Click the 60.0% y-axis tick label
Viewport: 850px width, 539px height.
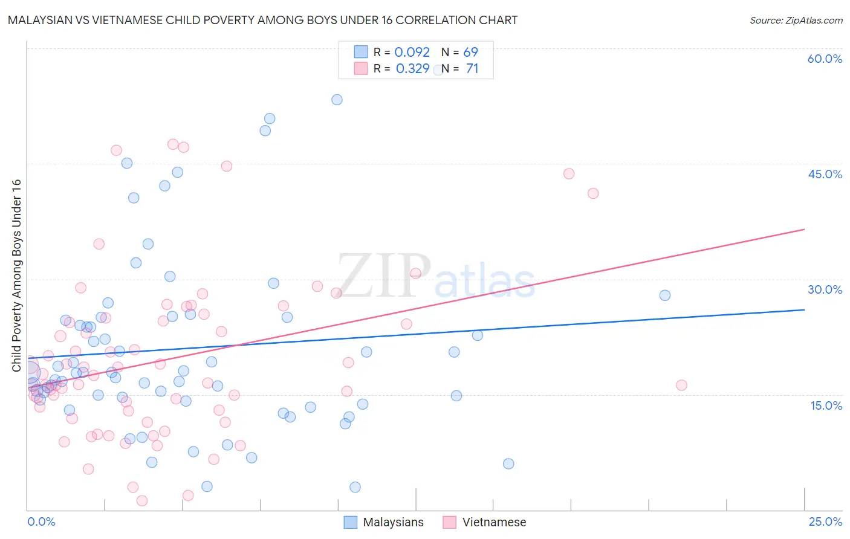coord(825,59)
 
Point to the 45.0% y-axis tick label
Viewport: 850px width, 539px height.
coord(825,174)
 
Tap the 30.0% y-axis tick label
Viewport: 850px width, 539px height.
coord(825,289)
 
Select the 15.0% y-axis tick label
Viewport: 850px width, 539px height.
coord(826,405)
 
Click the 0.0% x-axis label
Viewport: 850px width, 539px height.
coord(41,521)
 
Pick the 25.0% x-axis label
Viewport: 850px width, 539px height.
coord(825,521)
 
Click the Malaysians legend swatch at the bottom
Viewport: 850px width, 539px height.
coord(351,522)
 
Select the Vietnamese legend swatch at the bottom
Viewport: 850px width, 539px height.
coord(449,522)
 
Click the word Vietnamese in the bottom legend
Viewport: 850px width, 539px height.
coord(494,522)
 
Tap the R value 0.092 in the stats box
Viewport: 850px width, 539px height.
coord(412,53)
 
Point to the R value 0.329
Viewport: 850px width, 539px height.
coord(412,69)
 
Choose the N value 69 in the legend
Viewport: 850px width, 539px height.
coord(470,53)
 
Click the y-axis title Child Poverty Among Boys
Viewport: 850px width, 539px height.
coord(16,276)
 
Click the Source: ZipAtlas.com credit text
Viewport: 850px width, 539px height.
coord(796,20)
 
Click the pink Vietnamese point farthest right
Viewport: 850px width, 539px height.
coord(681,386)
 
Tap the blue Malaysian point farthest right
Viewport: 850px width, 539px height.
coord(665,295)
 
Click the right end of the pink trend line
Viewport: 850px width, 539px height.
coord(804,230)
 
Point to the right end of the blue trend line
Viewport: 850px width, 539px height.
coord(804,309)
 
